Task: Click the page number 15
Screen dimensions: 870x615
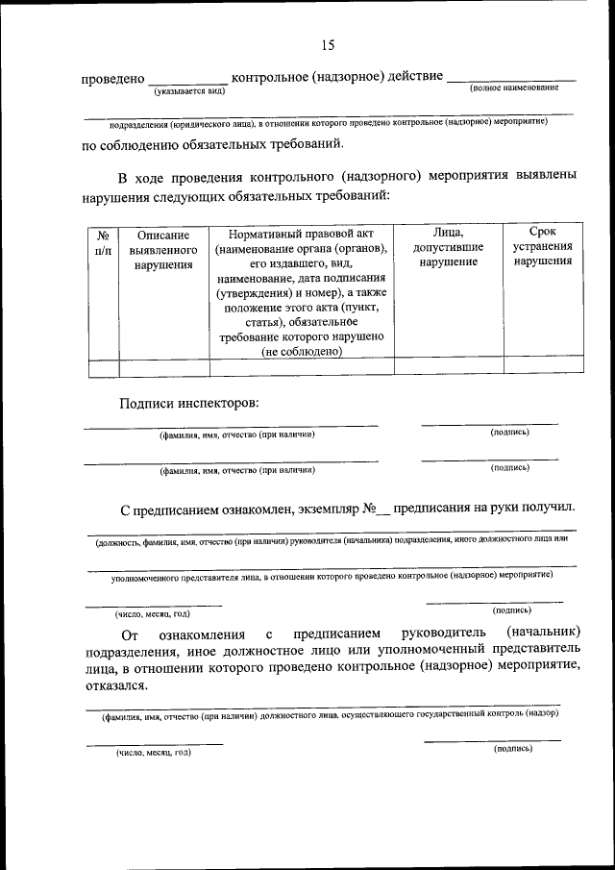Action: tap(327, 45)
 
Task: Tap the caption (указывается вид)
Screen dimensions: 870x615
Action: tap(188, 90)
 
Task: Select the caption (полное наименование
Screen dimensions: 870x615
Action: tap(514, 88)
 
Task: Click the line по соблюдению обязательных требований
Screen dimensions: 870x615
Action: tap(211, 146)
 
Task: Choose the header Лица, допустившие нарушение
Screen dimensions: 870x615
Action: tap(448, 248)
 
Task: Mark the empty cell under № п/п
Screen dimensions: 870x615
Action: tap(103, 366)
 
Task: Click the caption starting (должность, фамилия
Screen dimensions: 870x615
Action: tap(332, 541)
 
